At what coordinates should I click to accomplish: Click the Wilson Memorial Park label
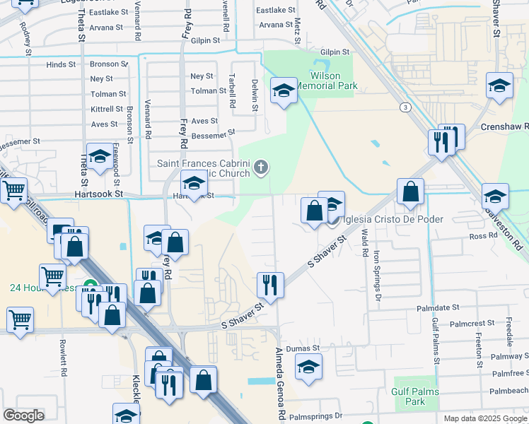(326, 81)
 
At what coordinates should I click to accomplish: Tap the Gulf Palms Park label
(416, 396)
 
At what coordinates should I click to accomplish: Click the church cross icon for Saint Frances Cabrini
(261, 167)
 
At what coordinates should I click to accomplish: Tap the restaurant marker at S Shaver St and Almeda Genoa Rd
(270, 285)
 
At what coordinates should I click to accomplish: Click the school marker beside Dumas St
(308, 367)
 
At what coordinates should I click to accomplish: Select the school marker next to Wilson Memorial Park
(284, 90)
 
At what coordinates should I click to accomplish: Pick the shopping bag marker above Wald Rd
(410, 192)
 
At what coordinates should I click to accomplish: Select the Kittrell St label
(107, 110)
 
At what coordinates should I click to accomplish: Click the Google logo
(23, 415)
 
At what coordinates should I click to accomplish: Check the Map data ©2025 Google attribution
(484, 418)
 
